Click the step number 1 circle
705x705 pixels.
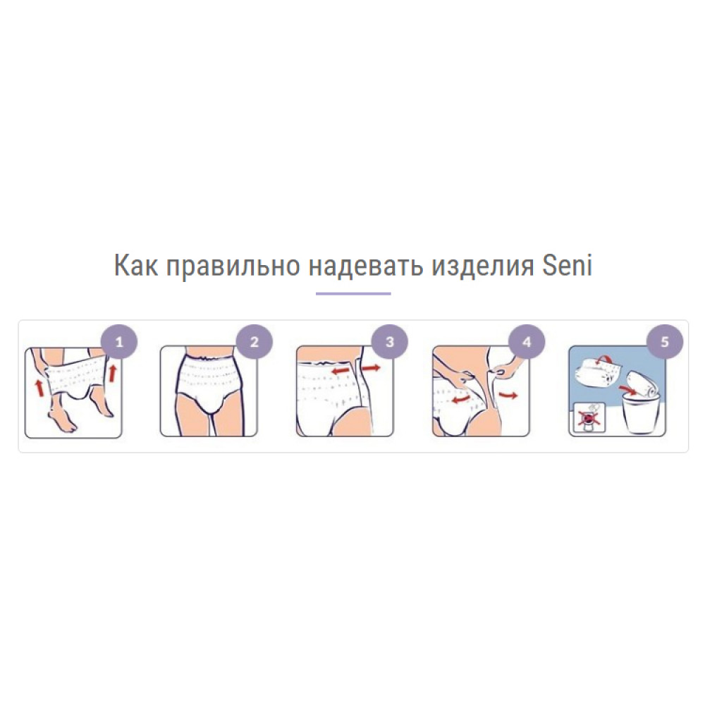point(119,342)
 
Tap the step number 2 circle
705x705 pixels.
point(255,342)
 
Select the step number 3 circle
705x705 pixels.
point(391,342)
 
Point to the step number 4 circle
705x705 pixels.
point(527,342)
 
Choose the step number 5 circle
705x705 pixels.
point(665,342)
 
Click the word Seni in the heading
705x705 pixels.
point(567,265)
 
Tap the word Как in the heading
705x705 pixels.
point(136,265)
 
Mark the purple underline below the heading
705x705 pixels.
point(353,293)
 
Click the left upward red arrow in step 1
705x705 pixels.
point(40,388)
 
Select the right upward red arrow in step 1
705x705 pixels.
point(112,373)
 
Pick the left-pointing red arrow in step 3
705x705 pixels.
point(343,370)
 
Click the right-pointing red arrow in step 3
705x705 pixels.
point(371,368)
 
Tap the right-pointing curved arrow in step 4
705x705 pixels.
point(508,396)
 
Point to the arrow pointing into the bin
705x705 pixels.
point(628,388)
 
